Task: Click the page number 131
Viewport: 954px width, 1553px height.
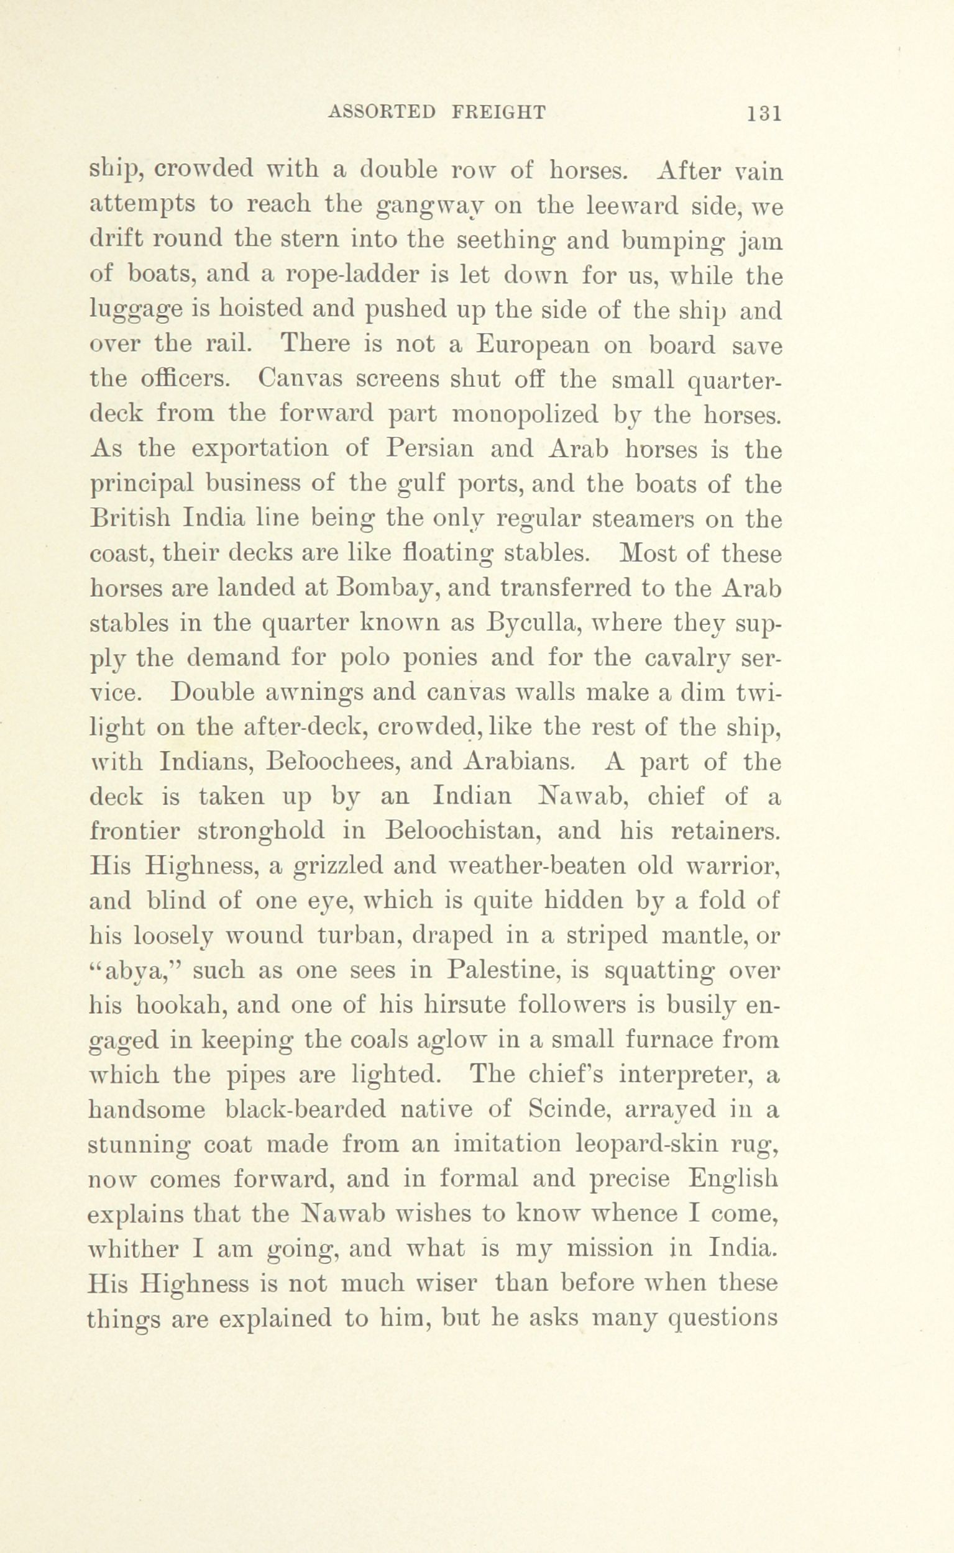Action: [x=764, y=114]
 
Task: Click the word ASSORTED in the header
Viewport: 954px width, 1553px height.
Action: [x=382, y=112]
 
